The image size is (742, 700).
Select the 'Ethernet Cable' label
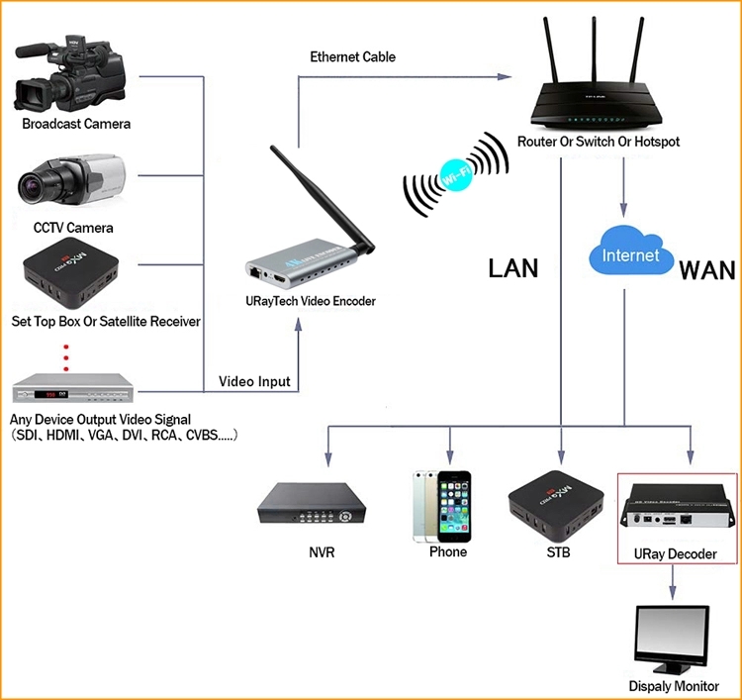[352, 57]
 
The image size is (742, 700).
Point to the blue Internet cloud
[630, 253]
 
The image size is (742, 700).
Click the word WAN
[706, 268]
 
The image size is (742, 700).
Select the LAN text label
[514, 268]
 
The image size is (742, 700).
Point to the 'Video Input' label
[253, 381]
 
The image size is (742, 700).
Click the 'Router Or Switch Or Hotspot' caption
[599, 143]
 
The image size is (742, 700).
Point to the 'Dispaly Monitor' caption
[674, 686]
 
